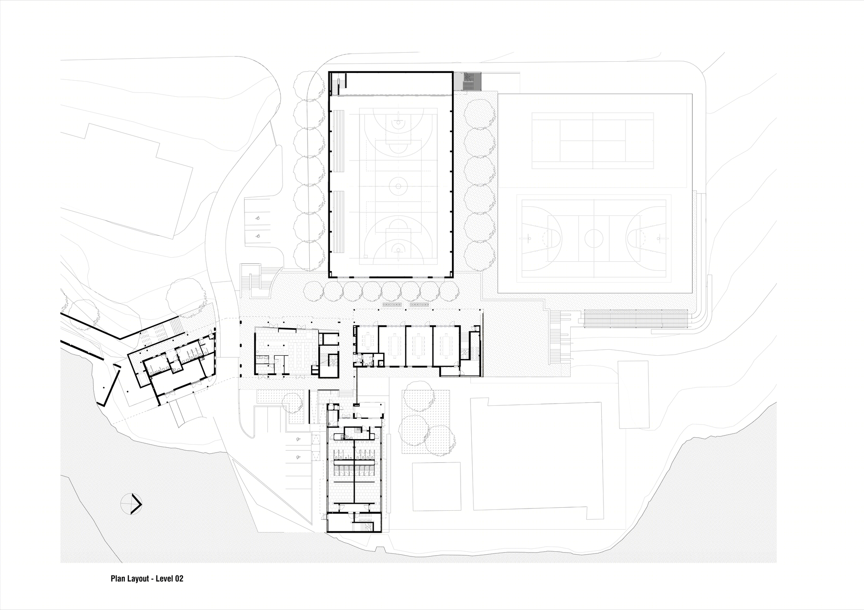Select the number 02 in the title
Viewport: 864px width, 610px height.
[x=179, y=578]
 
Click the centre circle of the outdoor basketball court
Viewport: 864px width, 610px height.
[x=594, y=237]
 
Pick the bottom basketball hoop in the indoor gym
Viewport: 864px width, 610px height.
[x=396, y=250]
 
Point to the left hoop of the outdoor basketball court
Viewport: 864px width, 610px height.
[x=528, y=237]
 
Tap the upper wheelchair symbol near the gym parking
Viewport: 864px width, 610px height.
[x=257, y=218]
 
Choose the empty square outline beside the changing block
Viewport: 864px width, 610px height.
[x=436, y=486]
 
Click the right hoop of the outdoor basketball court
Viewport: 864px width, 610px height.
[x=659, y=237]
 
